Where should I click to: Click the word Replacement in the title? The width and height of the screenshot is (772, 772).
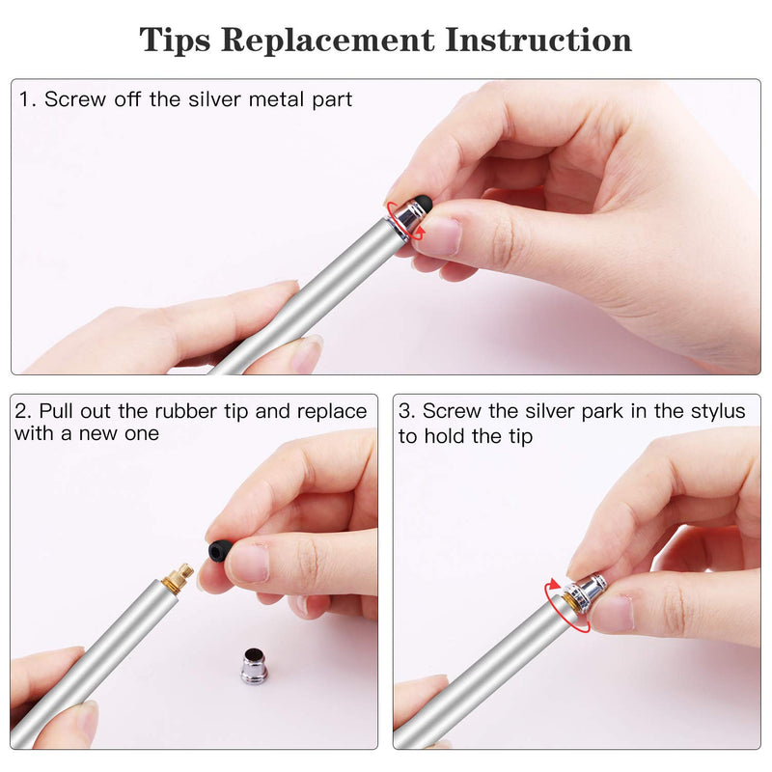(x=328, y=41)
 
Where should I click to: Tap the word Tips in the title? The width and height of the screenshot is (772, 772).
(x=175, y=41)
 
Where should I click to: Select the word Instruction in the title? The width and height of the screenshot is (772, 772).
(x=538, y=40)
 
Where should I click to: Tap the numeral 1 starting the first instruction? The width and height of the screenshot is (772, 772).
(x=25, y=99)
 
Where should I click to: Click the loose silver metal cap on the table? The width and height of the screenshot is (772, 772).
(x=254, y=666)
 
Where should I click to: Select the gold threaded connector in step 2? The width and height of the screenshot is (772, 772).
(x=179, y=577)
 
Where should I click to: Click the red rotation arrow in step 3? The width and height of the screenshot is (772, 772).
(x=566, y=606)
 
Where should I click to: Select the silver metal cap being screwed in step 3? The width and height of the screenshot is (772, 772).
(x=585, y=593)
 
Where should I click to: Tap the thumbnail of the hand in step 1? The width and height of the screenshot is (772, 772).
(x=442, y=235)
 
